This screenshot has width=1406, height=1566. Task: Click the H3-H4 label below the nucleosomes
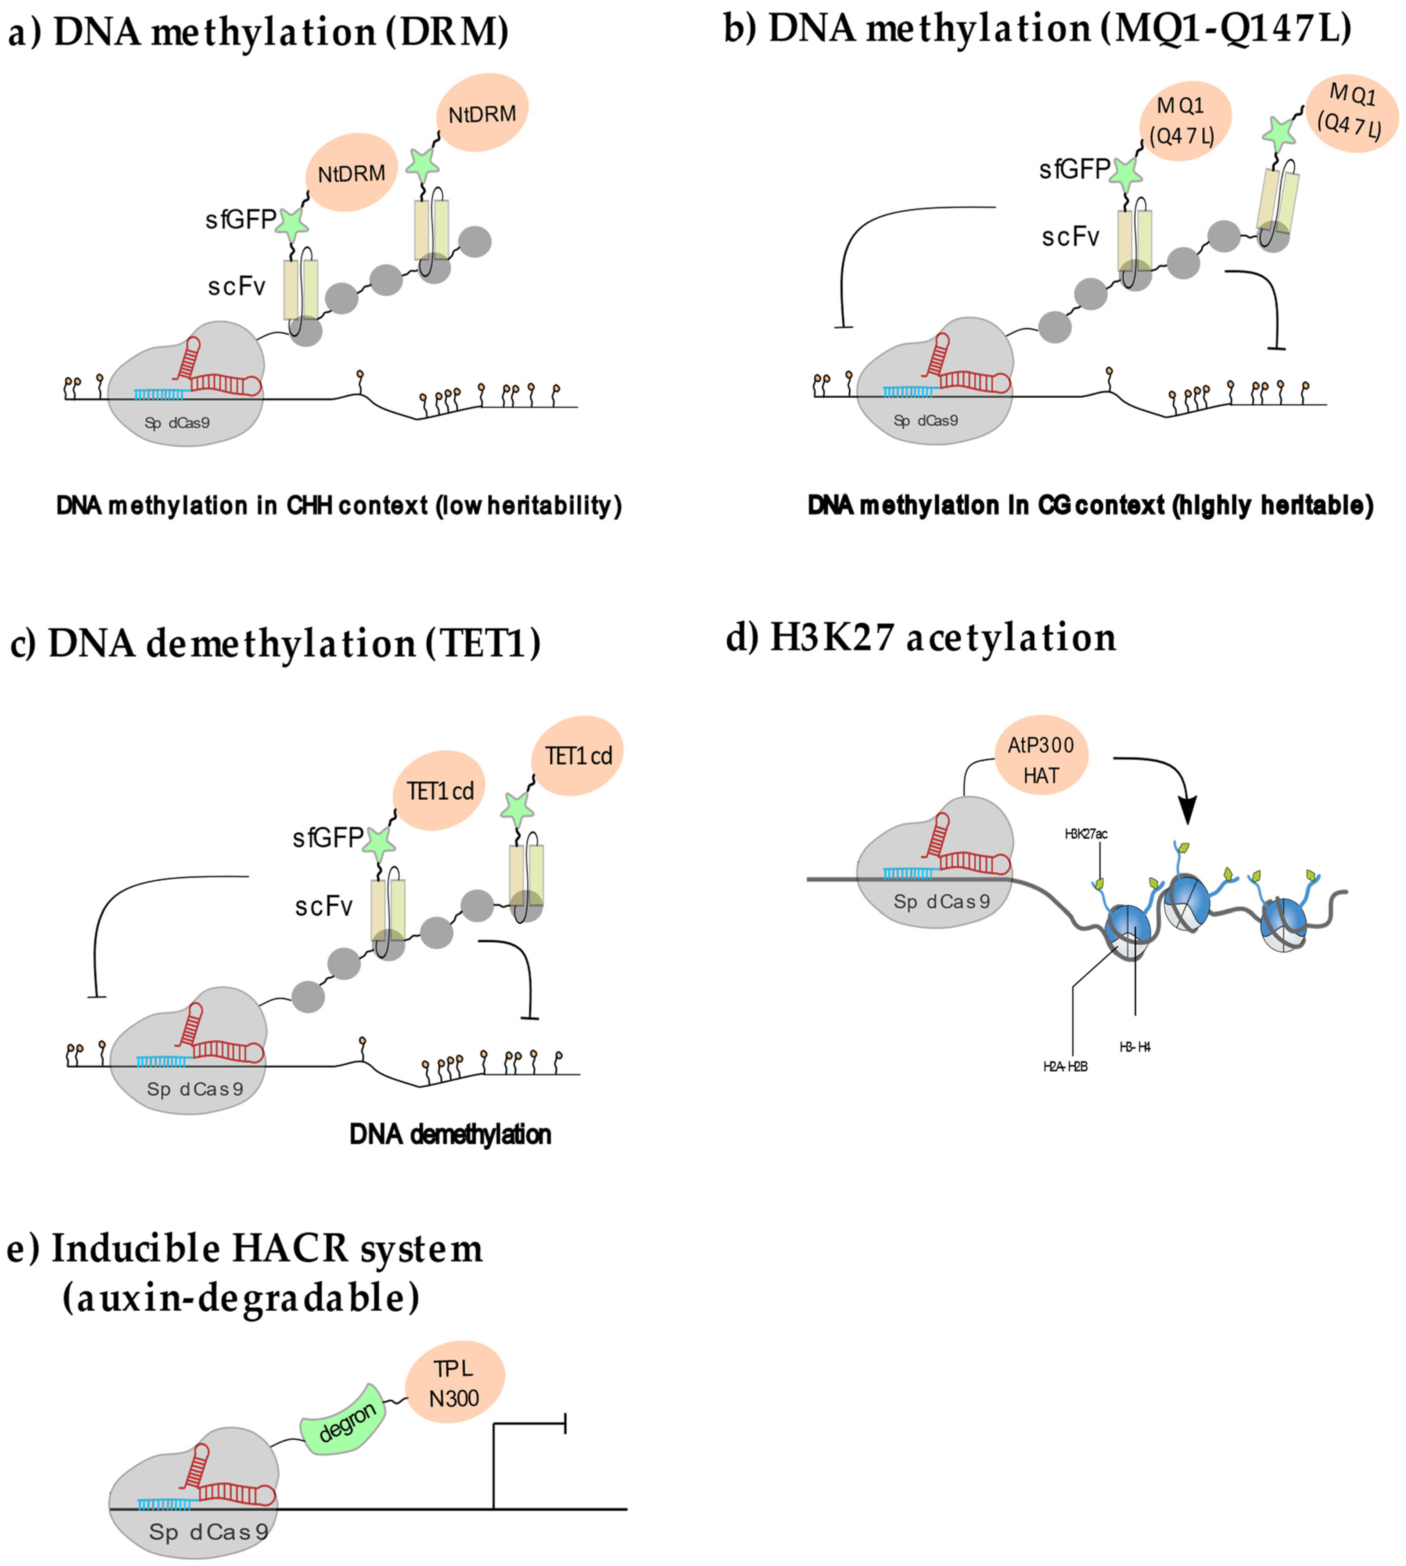coord(1135,1047)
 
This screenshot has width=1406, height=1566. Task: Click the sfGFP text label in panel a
coord(239,220)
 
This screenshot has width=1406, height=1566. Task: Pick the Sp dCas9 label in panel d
coord(941,901)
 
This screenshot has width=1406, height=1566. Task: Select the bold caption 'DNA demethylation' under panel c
coord(451,1134)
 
